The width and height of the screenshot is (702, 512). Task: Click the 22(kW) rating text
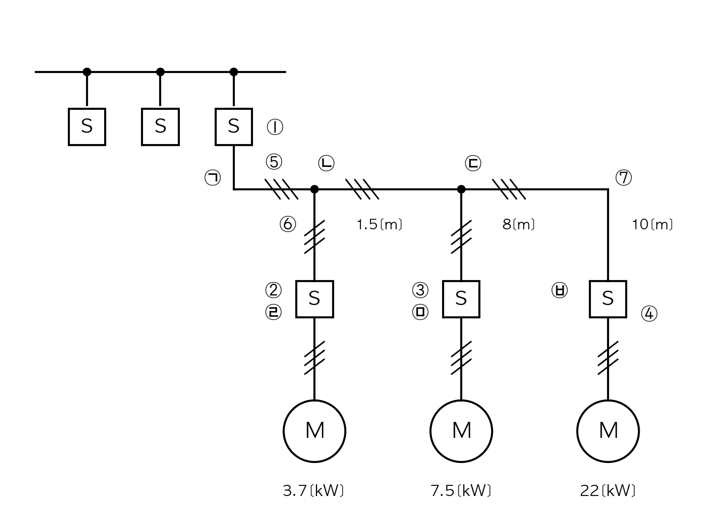[x=608, y=491]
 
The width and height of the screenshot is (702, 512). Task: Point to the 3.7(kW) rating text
[x=313, y=491]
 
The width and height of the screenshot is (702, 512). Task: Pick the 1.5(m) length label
[x=380, y=225]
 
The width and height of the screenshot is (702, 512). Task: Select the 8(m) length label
[x=519, y=225]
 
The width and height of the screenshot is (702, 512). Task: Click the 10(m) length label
[x=652, y=225]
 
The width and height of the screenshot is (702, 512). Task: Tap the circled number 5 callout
[x=274, y=162]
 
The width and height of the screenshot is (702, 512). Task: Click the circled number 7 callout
[x=624, y=178]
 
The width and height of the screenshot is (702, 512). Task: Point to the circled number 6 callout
[x=288, y=225]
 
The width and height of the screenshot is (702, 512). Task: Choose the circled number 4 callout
[x=649, y=314]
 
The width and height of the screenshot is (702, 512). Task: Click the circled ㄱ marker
[x=212, y=178]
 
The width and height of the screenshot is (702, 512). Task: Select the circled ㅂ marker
[x=559, y=290]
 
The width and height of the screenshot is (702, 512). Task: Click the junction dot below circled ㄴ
[x=314, y=189]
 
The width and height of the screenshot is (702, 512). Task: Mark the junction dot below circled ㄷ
[x=461, y=189]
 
